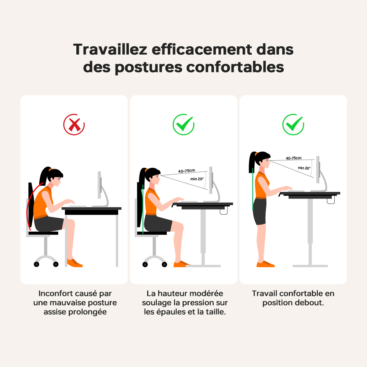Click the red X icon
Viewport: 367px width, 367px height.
[74, 125]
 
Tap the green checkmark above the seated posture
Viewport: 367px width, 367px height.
[183, 125]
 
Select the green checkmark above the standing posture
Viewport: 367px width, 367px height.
[293, 125]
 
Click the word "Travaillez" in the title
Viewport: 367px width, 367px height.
[110, 50]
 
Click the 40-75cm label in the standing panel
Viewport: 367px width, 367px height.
[294, 158]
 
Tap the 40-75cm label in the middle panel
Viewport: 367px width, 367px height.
[186, 171]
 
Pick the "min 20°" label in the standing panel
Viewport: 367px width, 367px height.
[304, 168]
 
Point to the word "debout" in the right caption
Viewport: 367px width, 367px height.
[309, 303]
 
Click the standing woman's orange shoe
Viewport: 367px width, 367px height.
[265, 264]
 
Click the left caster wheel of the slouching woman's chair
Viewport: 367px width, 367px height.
[37, 264]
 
